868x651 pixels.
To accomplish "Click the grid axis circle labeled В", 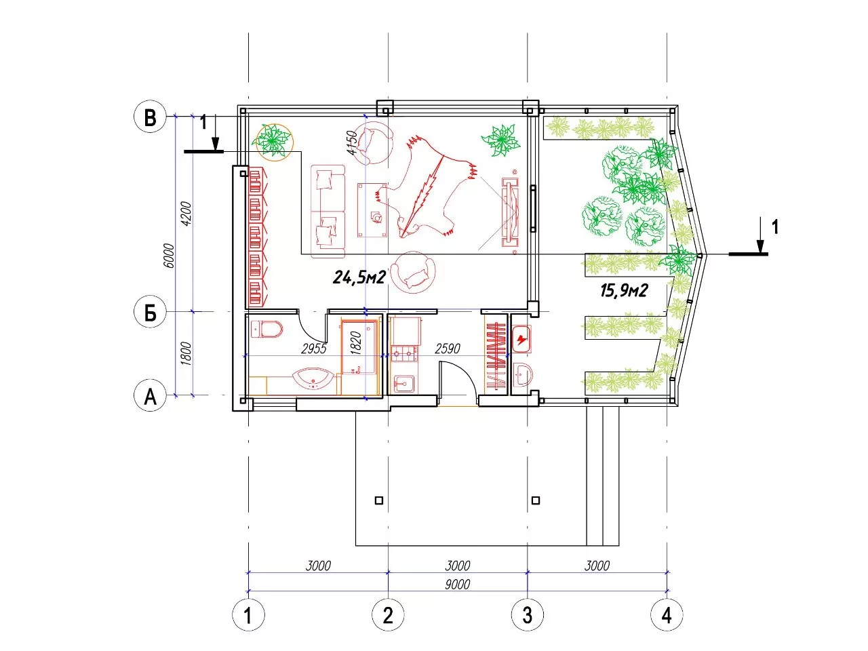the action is (150, 117).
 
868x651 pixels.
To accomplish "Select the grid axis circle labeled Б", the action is (150, 312).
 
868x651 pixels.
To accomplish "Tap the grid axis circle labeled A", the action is (150, 395).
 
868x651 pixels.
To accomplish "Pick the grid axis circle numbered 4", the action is (667, 615).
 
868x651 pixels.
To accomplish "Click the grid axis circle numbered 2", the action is (388, 615).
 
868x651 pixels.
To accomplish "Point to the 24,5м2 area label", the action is (359, 277).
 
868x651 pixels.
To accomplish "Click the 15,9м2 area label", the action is (624, 291).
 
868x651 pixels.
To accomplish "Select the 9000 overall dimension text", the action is (457, 584).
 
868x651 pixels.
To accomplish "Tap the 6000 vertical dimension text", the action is (169, 256).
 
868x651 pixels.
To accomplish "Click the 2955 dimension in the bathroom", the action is (313, 349).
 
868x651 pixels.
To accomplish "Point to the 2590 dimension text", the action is (448, 349).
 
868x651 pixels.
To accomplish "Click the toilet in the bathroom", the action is (267, 329).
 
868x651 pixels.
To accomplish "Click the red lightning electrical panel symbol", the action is (522, 339).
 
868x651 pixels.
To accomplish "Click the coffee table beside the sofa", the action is (372, 210).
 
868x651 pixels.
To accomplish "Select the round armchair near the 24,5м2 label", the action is (413, 273).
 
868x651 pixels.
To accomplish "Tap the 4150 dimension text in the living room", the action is (351, 142).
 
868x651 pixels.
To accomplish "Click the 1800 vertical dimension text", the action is (186, 354).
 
